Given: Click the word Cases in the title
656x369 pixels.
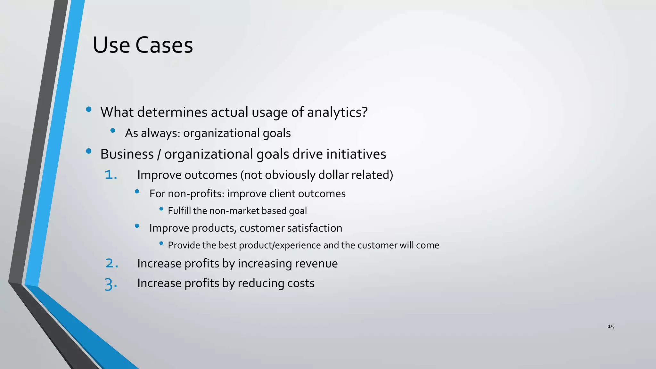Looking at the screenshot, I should point(164,45).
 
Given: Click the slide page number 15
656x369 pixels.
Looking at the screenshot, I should point(611,327).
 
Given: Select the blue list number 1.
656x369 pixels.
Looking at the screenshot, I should point(111,175).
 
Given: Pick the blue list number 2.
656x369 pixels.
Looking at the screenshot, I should point(112,263).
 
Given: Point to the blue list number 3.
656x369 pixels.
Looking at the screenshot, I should point(111,284).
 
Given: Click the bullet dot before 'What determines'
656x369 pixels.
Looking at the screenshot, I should point(89,110).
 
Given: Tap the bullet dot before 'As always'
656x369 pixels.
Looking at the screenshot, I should point(112,130).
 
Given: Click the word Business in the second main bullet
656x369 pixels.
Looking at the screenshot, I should point(127,154).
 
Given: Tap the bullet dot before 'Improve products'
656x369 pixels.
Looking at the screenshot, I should point(137,226).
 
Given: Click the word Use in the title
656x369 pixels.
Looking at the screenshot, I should point(111,45).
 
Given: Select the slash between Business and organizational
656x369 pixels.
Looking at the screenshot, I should point(159,154).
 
